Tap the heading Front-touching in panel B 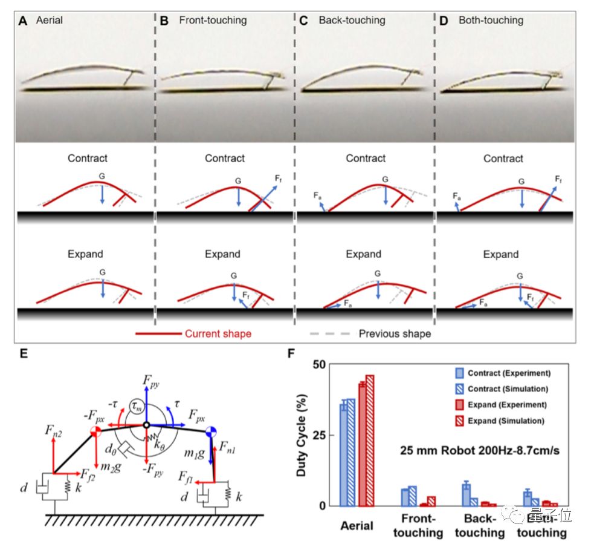(213, 20)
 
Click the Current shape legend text (218, 333)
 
